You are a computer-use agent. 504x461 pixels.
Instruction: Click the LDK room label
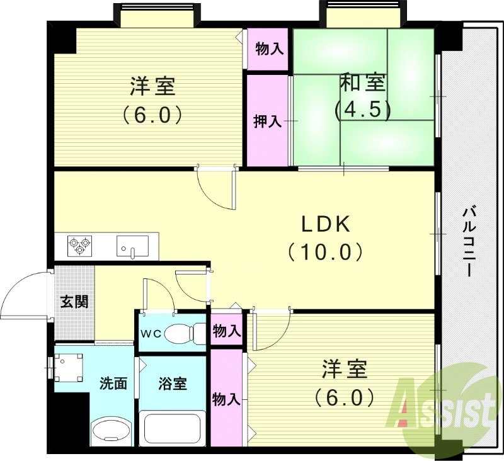(324, 224)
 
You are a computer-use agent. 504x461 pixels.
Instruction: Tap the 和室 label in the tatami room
(363, 82)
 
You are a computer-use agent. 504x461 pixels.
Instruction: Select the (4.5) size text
(363, 110)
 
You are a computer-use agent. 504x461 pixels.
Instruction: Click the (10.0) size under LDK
(325, 253)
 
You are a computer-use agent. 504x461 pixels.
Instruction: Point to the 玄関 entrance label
(74, 301)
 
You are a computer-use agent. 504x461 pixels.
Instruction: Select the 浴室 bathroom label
(172, 383)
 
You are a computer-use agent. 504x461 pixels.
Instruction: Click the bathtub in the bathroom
(172, 431)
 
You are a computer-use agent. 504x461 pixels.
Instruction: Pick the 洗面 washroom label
(113, 383)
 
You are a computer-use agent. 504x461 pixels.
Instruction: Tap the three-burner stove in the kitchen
(80, 245)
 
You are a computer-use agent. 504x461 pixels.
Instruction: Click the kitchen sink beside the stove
(132, 246)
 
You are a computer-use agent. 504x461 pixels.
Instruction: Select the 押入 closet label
(266, 121)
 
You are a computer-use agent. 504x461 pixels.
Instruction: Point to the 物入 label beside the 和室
(269, 48)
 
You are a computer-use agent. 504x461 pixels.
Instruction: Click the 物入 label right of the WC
(226, 331)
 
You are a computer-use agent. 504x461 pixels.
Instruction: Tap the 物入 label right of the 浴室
(226, 399)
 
